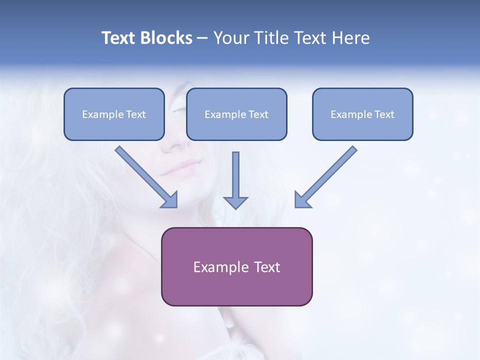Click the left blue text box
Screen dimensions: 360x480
pyautogui.click(x=114, y=114)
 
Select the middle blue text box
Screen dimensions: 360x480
pyautogui.click(x=236, y=114)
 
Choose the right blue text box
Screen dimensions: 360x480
pyautogui.click(x=362, y=114)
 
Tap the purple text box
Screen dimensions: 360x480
pyautogui.click(x=236, y=266)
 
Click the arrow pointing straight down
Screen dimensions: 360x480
pyautogui.click(x=235, y=180)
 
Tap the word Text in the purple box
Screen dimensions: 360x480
pyautogui.click(x=267, y=267)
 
